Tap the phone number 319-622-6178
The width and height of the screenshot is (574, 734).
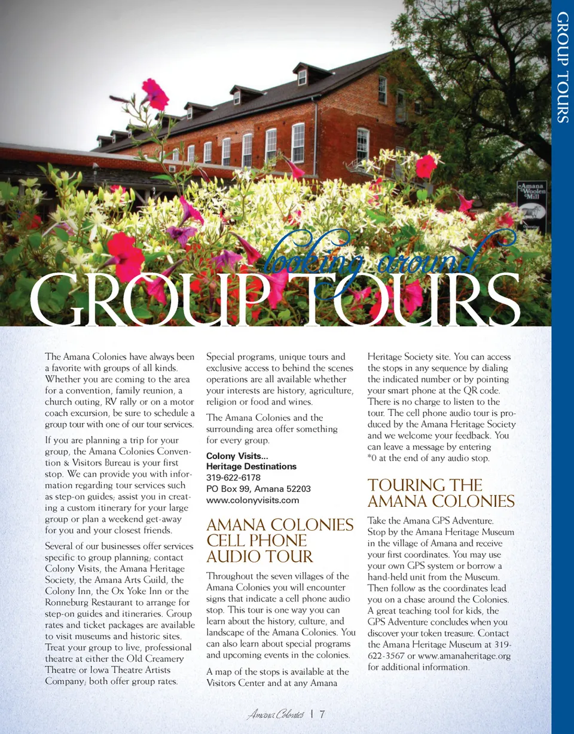[233, 478]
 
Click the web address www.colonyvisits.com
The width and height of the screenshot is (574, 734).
[252, 500]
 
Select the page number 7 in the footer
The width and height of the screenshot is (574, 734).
[322, 714]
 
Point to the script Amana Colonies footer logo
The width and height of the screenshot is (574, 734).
[276, 714]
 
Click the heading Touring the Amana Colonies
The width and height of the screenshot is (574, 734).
[441, 493]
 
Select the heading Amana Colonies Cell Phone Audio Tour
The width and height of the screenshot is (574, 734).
[279, 540]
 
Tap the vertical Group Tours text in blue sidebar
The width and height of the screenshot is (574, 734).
[563, 67]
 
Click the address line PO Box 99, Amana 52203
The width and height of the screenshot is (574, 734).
[258, 489]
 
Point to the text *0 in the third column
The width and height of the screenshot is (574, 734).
[373, 458]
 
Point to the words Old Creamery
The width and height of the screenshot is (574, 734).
[157, 659]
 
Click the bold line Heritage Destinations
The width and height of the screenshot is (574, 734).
[251, 466]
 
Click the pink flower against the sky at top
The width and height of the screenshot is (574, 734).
[155, 94]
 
